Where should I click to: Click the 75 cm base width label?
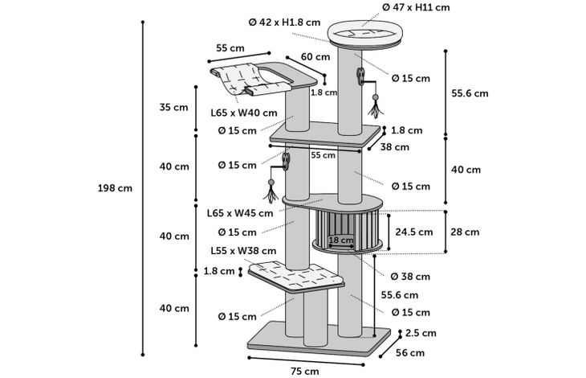[305, 371]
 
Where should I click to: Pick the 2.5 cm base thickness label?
[421, 332]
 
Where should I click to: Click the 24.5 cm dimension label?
[414, 232]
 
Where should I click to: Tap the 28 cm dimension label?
[465, 232]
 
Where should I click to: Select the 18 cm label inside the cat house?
[341, 240]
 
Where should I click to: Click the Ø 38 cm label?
[410, 277]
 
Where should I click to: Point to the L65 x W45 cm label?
[239, 213]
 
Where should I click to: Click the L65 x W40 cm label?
[244, 113]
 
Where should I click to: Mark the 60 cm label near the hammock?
[315, 57]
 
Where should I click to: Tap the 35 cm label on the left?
[174, 106]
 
